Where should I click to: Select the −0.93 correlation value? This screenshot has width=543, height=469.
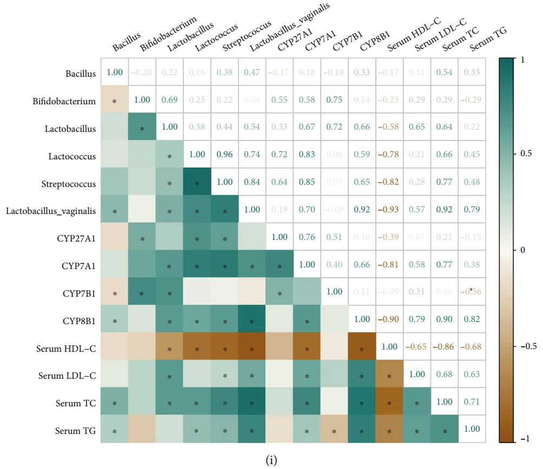(x=389, y=211)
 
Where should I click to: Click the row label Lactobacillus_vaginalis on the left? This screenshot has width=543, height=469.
(x=51, y=211)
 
